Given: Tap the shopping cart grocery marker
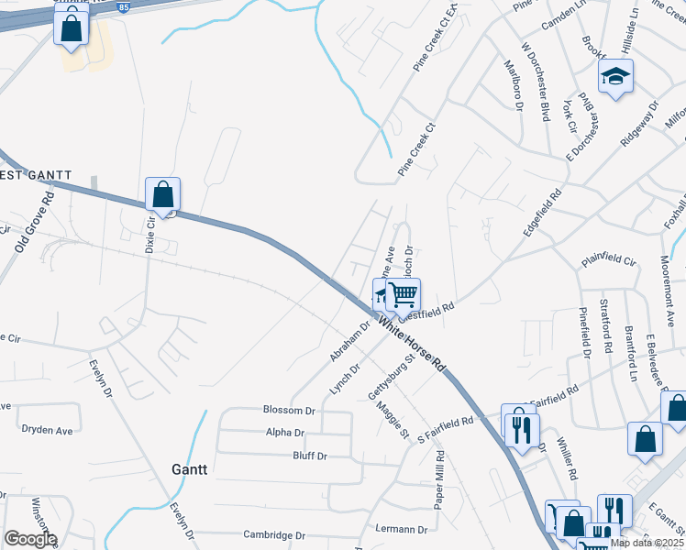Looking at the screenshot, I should (403, 295).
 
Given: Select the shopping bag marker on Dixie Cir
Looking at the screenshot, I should (162, 194).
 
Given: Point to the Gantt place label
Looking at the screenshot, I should (190, 468).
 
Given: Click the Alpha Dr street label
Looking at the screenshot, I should (284, 433).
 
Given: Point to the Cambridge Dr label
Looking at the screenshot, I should (273, 535).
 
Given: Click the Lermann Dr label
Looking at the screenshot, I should (402, 529).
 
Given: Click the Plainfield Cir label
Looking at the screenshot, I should (608, 261).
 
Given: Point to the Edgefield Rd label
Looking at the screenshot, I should (542, 214).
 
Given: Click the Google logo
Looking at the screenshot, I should (29, 539).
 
